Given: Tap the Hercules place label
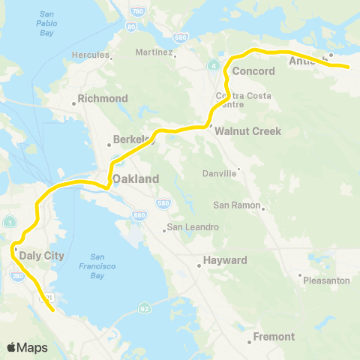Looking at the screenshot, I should [x=90, y=55].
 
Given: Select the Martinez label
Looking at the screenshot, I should [x=154, y=53].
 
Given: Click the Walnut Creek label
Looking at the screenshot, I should [x=247, y=131].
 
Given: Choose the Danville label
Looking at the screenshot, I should [x=219, y=173].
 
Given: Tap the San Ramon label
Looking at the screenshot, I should [x=236, y=205].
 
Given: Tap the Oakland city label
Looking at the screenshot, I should [x=136, y=179].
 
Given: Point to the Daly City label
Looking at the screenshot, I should [x=41, y=255].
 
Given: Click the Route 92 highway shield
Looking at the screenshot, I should [x=142, y=308].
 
